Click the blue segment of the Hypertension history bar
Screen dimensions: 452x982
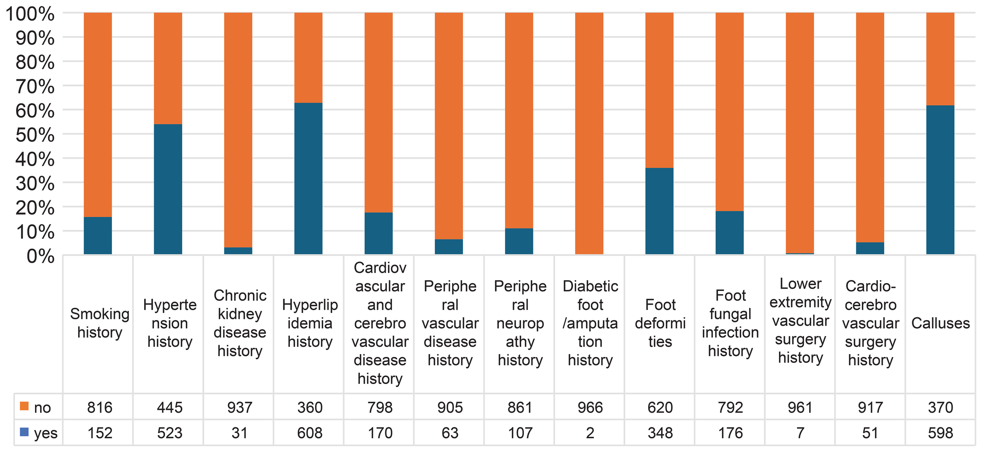(168, 189)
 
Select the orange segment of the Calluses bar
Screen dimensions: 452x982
(940, 59)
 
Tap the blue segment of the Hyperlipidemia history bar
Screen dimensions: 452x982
(308, 179)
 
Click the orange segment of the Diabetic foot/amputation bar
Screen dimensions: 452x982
(589, 134)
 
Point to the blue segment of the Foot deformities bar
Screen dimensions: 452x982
(659, 211)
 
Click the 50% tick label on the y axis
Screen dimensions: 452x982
(35, 135)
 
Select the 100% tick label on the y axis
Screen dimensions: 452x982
(30, 14)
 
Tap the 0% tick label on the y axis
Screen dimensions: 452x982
(40, 256)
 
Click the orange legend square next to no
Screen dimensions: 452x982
(24, 406)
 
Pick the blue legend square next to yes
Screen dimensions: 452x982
(24, 432)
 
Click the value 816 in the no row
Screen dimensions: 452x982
(100, 408)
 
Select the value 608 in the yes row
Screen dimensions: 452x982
(310, 433)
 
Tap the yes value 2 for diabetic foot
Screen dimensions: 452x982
(590, 433)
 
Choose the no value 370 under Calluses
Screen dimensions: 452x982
(940, 408)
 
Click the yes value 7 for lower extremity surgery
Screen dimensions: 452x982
(800, 433)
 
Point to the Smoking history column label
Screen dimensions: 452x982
(100, 323)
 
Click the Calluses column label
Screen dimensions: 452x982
(940, 323)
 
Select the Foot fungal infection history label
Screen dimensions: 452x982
(730, 323)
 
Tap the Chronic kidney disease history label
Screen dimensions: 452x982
(240, 323)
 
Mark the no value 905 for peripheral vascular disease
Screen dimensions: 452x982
(450, 408)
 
